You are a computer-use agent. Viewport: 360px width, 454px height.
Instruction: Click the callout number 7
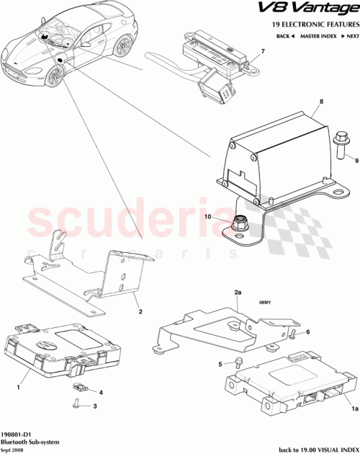coord(263,51)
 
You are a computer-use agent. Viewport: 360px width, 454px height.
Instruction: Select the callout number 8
coord(321,102)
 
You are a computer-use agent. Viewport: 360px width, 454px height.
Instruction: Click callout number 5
coord(220,365)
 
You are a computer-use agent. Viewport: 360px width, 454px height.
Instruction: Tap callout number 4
coord(101,393)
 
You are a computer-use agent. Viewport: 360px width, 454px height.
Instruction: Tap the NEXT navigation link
coord(349,35)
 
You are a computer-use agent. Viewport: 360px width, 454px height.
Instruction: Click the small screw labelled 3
coord(77,405)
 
